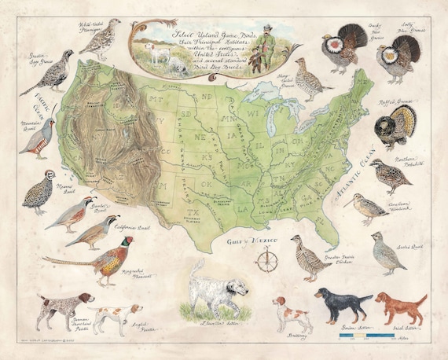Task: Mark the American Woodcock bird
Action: tap(366, 208)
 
